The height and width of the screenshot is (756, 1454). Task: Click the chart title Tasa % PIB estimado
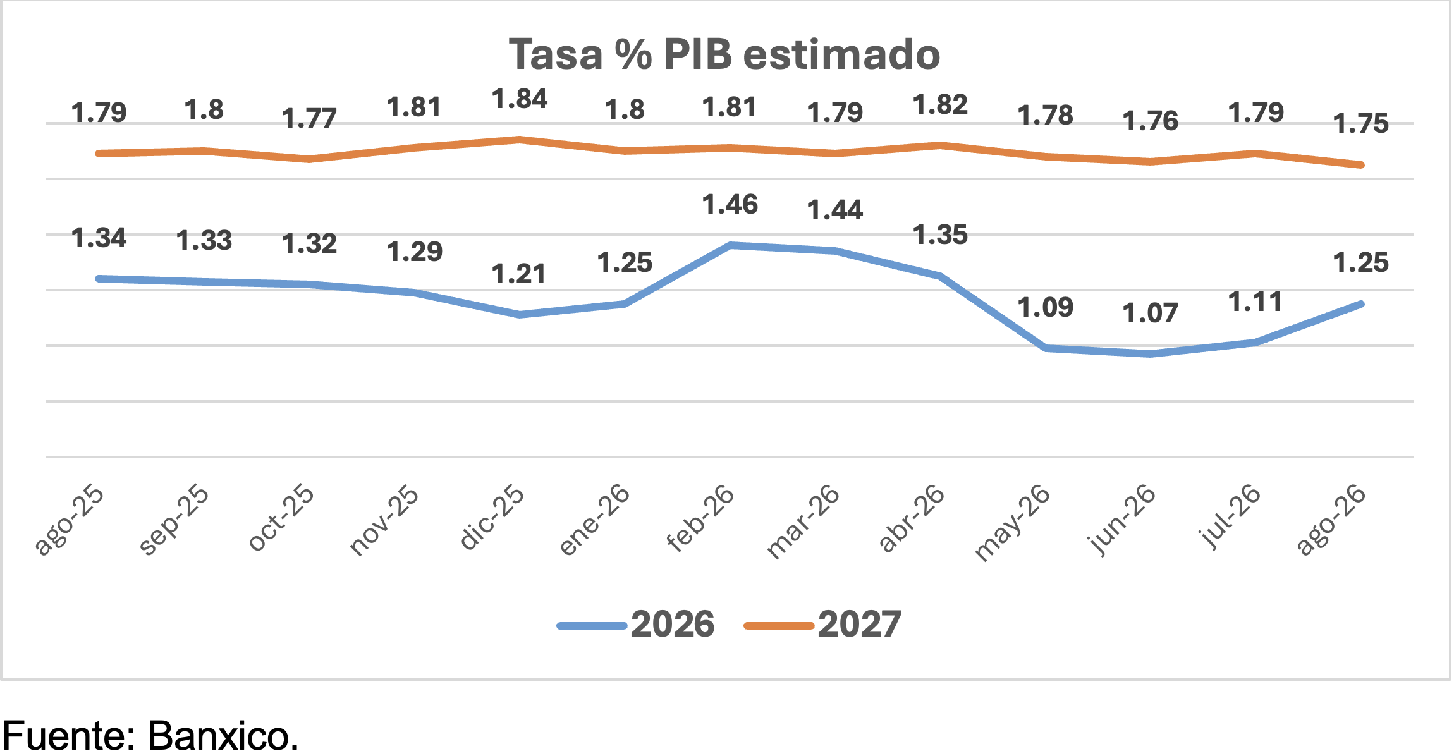724,54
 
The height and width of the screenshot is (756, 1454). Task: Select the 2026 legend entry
636,625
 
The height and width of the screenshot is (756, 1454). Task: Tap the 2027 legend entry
823,625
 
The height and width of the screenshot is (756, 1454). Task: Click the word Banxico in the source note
223,735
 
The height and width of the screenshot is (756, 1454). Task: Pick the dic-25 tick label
492,517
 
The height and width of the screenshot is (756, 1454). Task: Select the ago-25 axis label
70,520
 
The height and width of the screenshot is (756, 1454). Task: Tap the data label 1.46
730,205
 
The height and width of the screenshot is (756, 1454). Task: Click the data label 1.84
520,99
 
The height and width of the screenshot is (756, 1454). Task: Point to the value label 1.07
1150,314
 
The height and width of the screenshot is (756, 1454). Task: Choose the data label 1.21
519,274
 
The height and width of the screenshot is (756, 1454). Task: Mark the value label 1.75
1361,124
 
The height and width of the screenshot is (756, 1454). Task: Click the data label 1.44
835,210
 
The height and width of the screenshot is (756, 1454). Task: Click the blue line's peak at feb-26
730,245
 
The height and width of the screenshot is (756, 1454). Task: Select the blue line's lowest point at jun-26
1151,354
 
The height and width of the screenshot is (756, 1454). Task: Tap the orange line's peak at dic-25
520,139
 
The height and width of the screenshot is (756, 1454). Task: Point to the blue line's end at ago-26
1362,304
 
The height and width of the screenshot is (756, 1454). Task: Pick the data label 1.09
1045,308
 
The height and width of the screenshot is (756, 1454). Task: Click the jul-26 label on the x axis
1230,516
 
